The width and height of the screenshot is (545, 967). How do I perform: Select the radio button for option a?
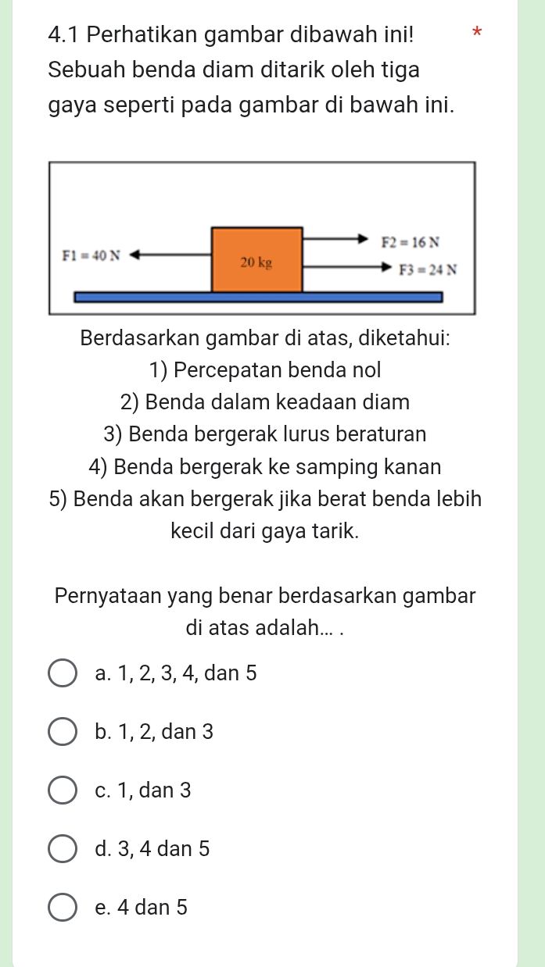(63, 673)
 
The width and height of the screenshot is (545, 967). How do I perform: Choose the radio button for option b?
(63, 732)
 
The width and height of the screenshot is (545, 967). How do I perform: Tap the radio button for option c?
(63, 790)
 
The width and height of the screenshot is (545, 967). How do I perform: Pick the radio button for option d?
(63, 849)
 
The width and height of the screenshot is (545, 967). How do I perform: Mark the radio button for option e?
(63, 908)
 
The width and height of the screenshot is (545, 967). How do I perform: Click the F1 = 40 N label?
(91, 255)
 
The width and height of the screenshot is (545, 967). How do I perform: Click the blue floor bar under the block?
(258, 297)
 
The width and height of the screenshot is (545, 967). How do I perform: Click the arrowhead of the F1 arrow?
(134, 254)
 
